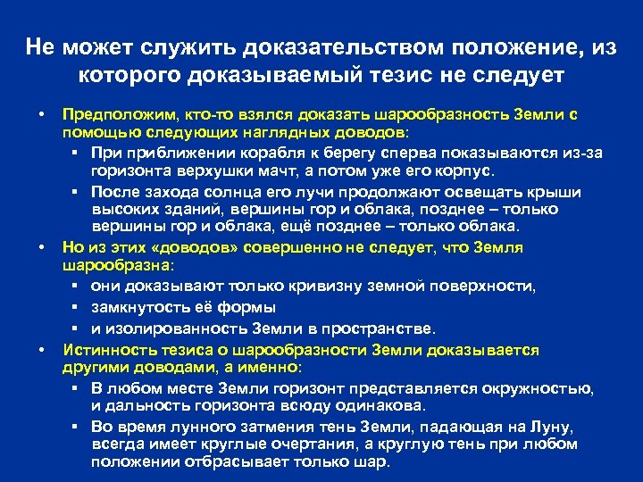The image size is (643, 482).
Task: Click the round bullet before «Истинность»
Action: pyautogui.click(x=41, y=350)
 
